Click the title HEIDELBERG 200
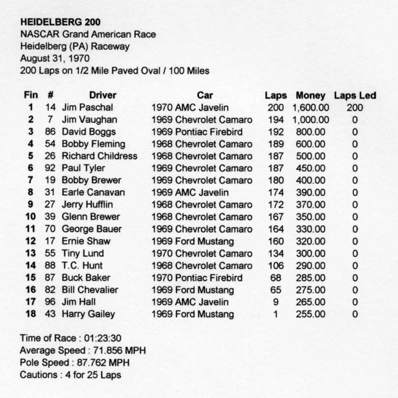60,22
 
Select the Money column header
310,95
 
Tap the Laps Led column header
355,95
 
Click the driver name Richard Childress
99,156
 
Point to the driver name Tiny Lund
83,253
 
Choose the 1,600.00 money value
310,108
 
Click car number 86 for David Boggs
50,132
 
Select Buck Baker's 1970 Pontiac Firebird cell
197,278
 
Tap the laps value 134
275,253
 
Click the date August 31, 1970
55,58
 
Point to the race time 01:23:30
103,338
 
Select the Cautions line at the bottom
70,375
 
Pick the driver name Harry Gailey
88,314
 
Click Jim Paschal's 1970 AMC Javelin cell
190,108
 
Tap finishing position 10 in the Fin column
30,217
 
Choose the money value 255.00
310,314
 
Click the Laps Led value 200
355,108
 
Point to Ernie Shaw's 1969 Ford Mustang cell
192,241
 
